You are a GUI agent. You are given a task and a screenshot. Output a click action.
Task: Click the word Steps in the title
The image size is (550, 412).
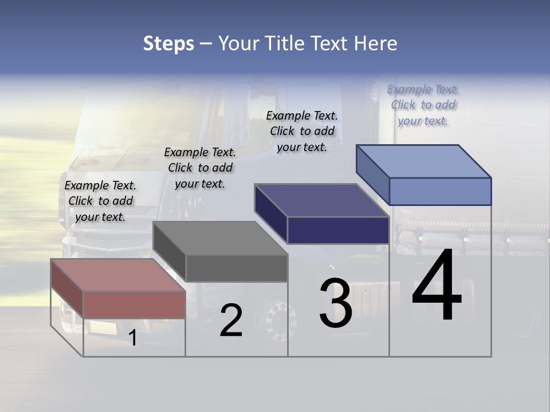tap(168, 43)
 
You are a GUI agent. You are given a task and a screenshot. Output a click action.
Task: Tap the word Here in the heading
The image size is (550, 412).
tap(375, 43)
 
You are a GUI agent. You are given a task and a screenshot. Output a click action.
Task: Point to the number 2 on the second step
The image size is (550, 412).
tap(231, 321)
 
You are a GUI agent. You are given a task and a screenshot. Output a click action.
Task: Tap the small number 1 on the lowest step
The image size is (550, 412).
tap(133, 338)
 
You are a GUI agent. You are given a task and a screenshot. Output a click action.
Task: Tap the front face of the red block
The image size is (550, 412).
tap(134, 304)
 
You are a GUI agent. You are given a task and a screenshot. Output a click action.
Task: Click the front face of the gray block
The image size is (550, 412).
tap(236, 268)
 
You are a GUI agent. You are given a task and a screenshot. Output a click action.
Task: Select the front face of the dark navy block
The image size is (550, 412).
tap(338, 230)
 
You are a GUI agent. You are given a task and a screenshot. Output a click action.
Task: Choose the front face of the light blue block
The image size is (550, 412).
tap(440, 191)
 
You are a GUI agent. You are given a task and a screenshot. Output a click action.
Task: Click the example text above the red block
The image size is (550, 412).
tap(100, 201)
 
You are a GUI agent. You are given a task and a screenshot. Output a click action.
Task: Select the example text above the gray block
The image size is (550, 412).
tap(200, 168)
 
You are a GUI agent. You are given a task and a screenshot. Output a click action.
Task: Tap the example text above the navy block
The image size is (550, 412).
tap(302, 131)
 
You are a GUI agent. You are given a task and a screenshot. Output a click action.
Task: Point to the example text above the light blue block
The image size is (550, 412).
tap(423, 105)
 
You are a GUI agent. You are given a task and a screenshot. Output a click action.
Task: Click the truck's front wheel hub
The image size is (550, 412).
tap(277, 318)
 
